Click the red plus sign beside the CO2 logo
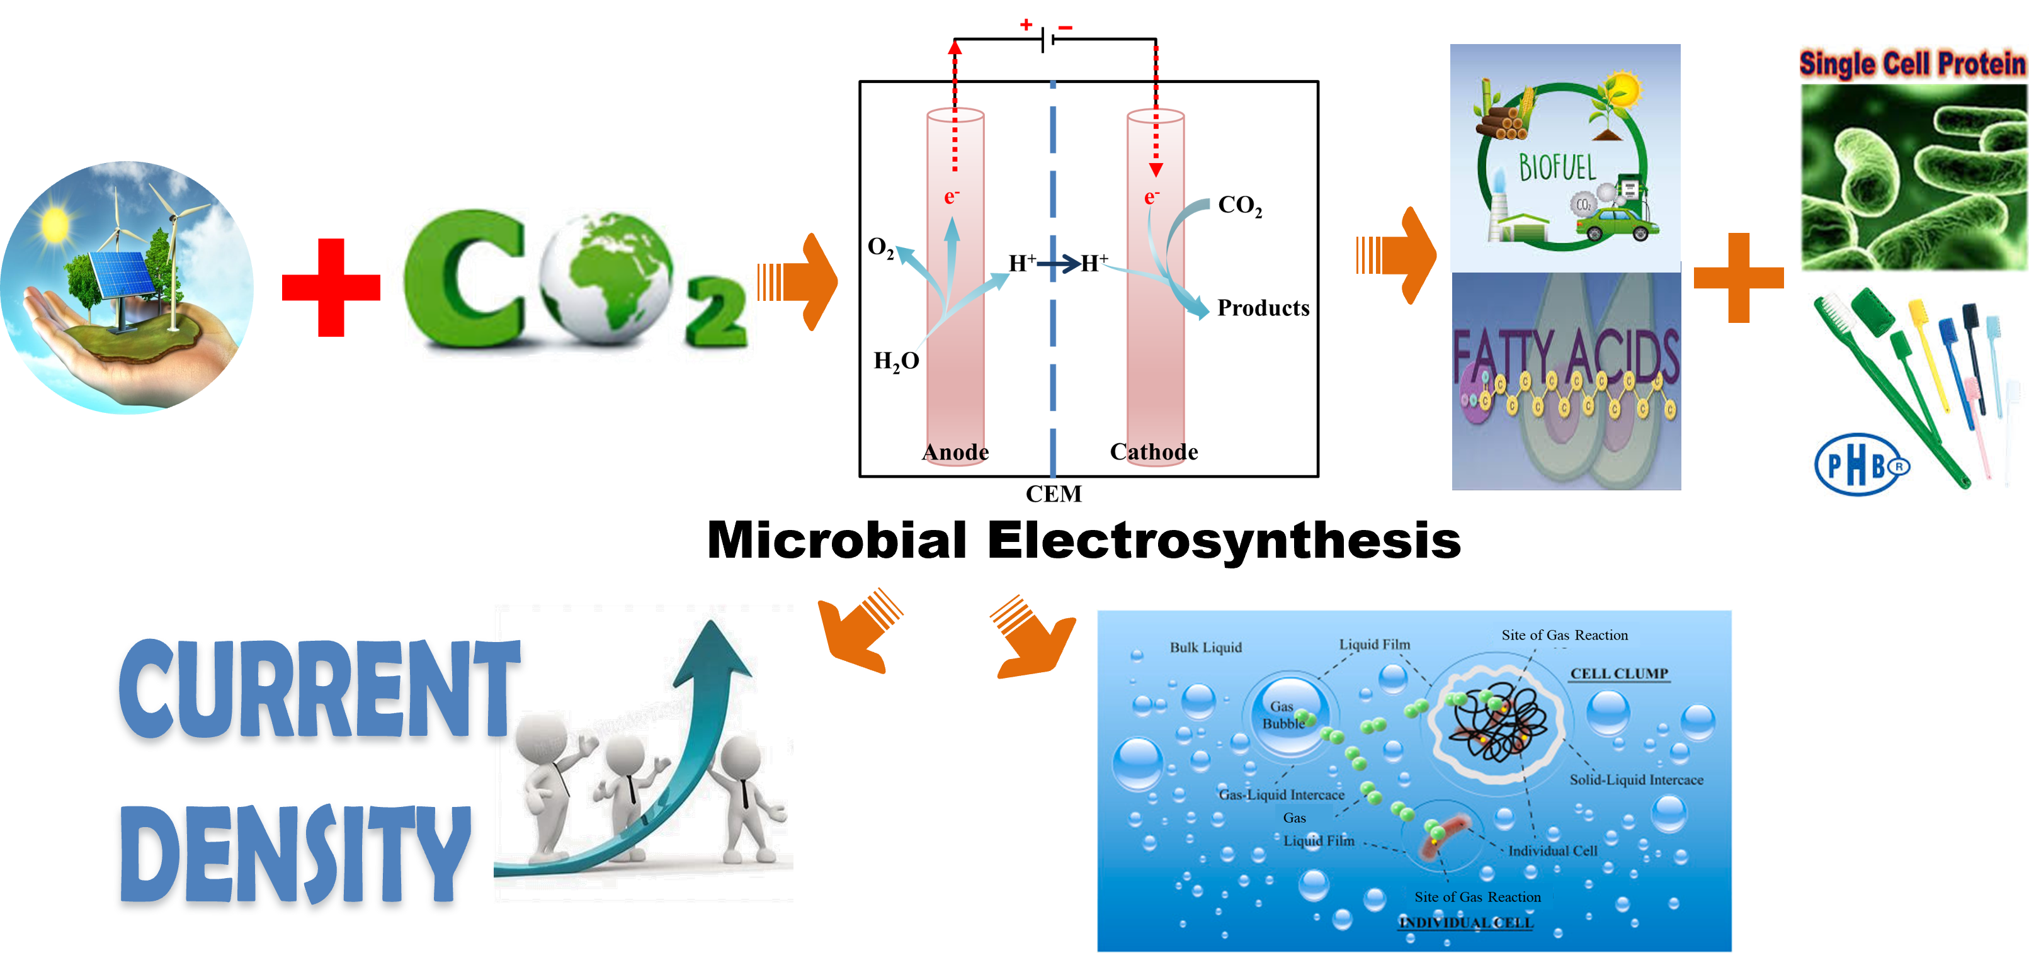330,288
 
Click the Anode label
955,452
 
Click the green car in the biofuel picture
1614,225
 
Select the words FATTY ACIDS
1566,358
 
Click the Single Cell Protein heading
1912,63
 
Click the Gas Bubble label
1283,714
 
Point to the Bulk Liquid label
1205,648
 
